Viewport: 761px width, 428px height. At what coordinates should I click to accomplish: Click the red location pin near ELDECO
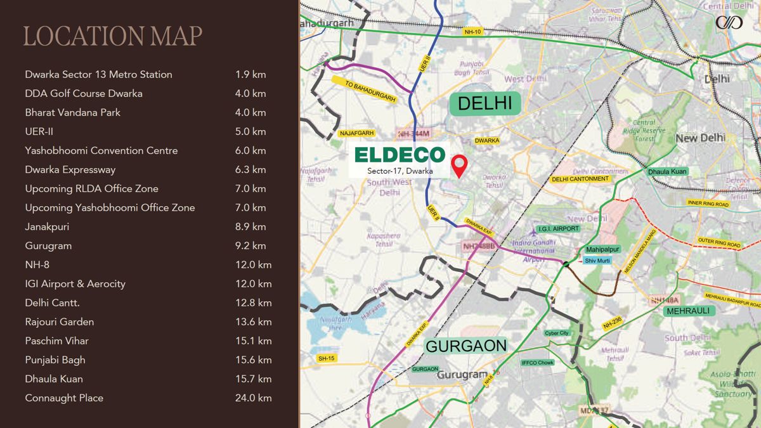459,164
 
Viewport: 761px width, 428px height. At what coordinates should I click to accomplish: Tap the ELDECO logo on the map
400,155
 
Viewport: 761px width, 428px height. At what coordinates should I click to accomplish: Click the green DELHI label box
485,103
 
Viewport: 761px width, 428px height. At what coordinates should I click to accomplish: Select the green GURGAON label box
466,346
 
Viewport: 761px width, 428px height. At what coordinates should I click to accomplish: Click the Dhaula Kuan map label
667,172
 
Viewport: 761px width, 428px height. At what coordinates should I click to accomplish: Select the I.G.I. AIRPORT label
558,228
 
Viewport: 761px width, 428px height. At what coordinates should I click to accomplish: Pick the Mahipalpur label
602,250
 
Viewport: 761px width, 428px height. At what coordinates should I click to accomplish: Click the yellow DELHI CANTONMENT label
580,179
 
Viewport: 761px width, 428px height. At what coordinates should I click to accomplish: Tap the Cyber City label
556,333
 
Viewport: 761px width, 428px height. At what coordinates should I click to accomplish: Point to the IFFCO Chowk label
537,363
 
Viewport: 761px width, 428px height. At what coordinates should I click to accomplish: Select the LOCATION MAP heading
113,36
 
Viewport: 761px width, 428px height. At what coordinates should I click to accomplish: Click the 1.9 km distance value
250,74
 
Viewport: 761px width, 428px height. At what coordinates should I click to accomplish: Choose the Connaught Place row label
64,398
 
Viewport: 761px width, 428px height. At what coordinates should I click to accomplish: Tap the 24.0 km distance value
253,398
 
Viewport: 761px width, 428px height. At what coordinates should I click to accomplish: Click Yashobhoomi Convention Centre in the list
101,150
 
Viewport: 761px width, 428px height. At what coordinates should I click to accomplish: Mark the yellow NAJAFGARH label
357,133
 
